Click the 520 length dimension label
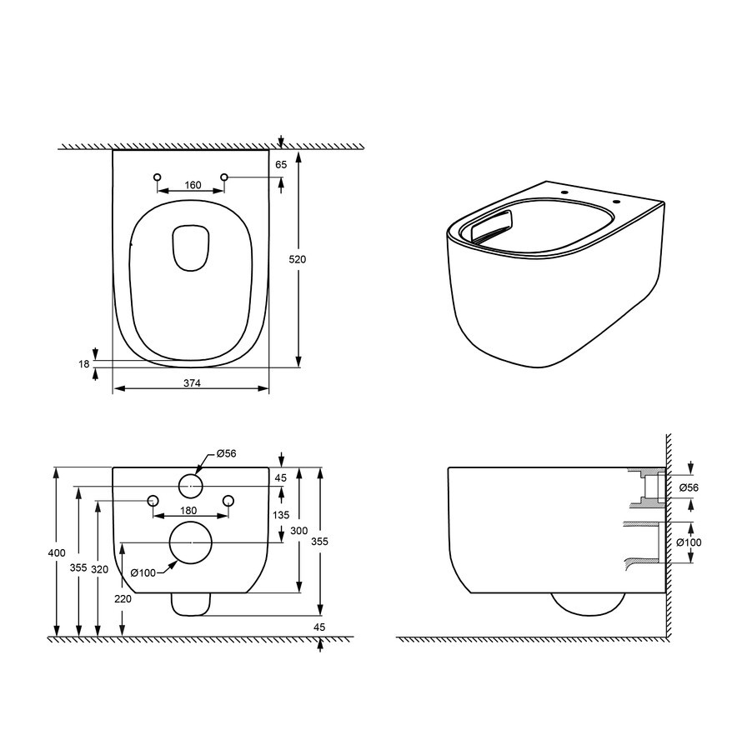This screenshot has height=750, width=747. [x=297, y=259]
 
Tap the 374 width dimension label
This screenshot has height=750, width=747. [x=192, y=383]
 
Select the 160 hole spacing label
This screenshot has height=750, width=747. [x=193, y=185]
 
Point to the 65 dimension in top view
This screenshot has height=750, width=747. [x=281, y=164]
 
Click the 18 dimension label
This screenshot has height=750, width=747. [x=83, y=364]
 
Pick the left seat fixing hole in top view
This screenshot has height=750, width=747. [x=157, y=177]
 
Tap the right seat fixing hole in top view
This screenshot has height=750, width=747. [x=224, y=177]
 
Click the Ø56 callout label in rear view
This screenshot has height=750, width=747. [x=226, y=453]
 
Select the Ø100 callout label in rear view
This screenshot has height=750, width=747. [x=143, y=572]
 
